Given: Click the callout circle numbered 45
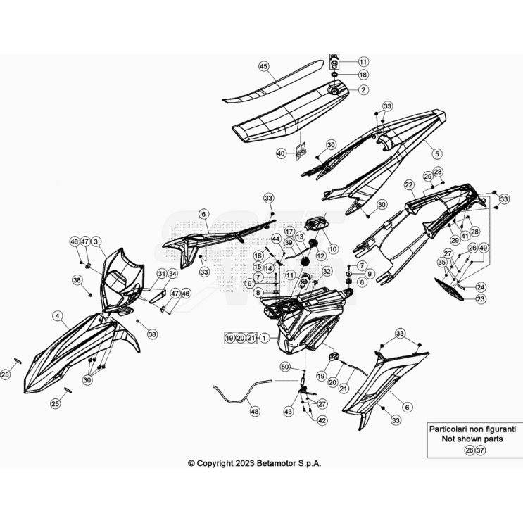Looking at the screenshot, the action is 263,66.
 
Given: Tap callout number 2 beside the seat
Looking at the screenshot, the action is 363,89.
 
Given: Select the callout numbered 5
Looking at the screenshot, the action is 436,153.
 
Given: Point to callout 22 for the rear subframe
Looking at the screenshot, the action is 409,185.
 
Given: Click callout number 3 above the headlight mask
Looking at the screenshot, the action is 96,241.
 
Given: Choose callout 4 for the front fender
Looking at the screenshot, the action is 58,315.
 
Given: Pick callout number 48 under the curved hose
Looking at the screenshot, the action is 255,412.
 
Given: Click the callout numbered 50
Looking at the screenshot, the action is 285,367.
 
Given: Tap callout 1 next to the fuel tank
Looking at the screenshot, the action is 264,338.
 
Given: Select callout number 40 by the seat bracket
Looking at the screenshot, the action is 281,153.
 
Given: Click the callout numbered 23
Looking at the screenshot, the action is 481,299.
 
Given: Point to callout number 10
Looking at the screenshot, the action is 333,248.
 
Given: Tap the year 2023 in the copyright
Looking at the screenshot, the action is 245,463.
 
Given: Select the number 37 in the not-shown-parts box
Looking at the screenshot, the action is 480,450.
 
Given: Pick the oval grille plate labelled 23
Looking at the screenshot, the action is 449,289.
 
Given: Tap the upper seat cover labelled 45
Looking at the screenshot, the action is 274,81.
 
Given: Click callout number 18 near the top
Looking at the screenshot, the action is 363,75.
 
